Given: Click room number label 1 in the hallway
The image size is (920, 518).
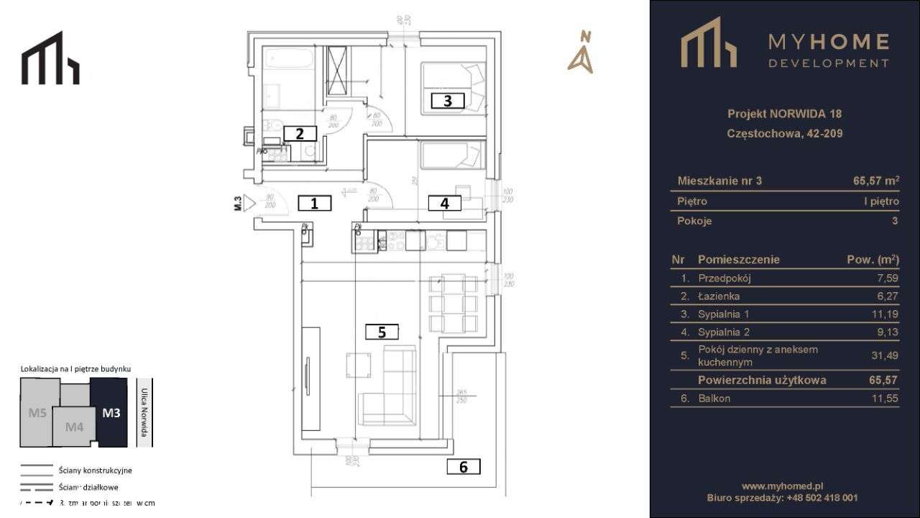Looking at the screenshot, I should [314, 203].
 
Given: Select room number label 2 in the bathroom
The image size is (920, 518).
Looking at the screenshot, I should [300, 133].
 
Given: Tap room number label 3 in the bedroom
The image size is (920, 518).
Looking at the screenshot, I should [447, 101].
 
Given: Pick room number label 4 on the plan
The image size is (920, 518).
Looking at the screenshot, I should [445, 204].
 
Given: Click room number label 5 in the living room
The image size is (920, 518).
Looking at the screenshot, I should [382, 332].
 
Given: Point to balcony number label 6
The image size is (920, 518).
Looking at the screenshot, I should [464, 467].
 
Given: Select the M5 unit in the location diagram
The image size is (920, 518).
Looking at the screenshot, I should [37, 413].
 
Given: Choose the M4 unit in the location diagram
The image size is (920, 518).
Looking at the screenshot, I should [74, 427].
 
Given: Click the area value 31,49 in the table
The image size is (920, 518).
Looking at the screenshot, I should [884, 355].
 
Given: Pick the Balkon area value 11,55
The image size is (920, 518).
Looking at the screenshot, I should [884, 399].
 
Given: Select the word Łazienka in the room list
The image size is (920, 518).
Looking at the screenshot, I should [718, 296].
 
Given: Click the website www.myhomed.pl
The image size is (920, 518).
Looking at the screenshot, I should [782, 486].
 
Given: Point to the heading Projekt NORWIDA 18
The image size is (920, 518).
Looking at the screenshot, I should [784, 114].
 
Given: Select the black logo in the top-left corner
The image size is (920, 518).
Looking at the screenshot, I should [50, 58].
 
